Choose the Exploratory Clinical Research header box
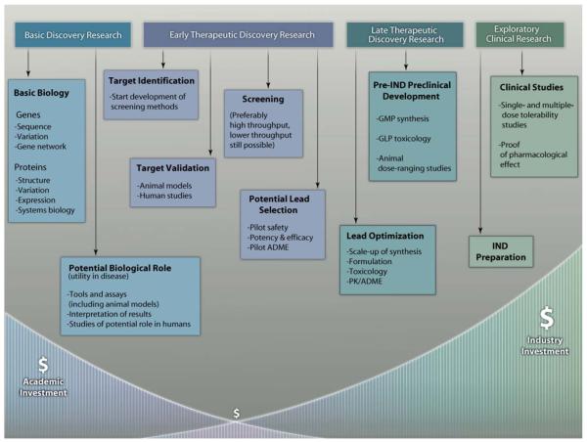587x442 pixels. (521, 36)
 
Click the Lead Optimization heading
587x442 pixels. (386, 236)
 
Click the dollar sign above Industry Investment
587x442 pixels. (547, 318)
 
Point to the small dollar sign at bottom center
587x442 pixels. (236, 414)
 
